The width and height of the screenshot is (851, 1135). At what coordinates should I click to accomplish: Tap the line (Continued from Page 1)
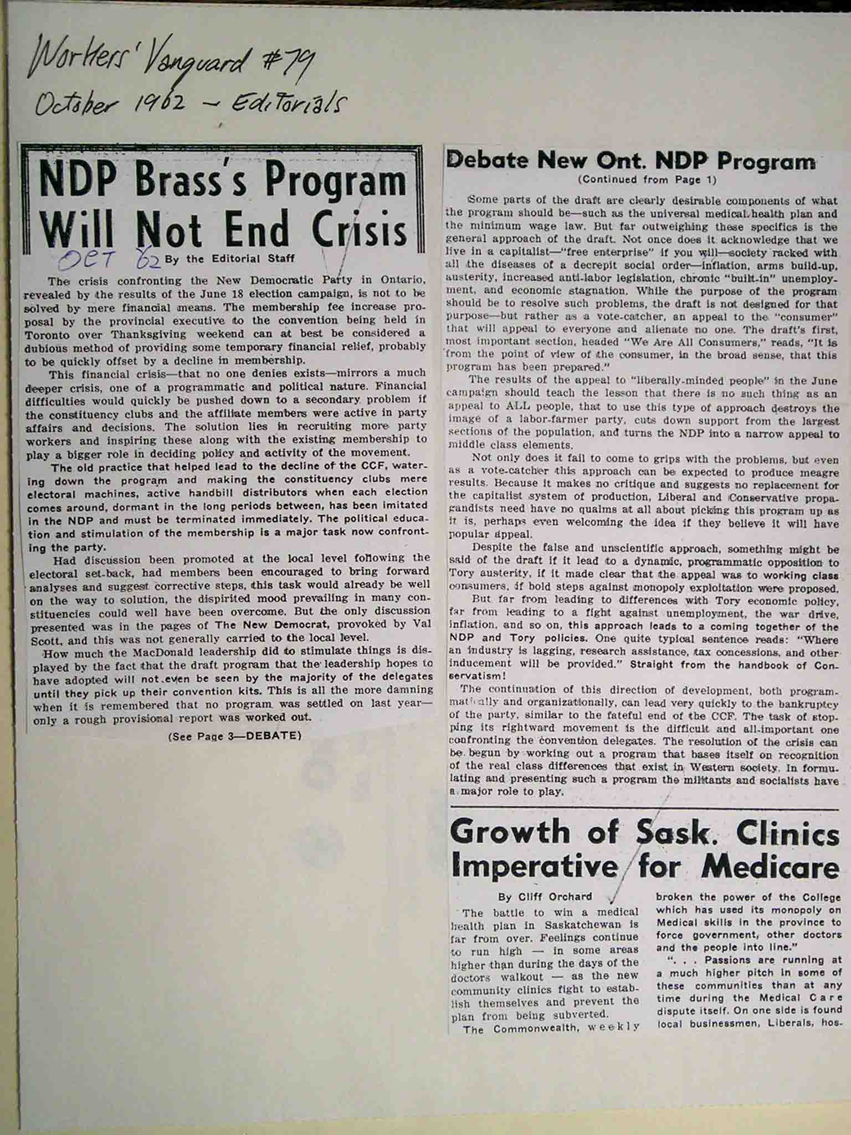647,180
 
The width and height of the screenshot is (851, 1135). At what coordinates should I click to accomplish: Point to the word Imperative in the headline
533,866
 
